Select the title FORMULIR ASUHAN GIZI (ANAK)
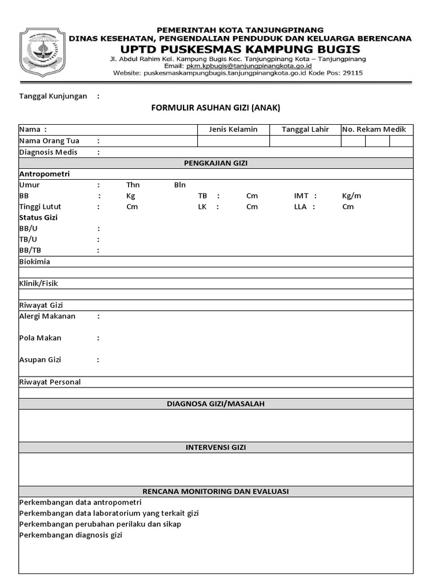(215, 108)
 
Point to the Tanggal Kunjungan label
(53, 96)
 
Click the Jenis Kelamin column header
(233, 129)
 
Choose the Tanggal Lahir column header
(305, 129)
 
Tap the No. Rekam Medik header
(374, 129)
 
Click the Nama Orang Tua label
(49, 141)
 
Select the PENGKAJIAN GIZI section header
(215, 163)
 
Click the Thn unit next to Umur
(133, 185)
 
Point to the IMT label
(301, 196)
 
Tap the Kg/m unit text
(352, 196)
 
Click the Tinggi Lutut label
(40, 207)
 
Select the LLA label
(301, 207)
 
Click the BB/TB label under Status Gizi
(30, 251)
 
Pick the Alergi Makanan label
(47, 316)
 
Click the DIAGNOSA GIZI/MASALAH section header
(215, 404)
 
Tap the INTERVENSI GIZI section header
(215, 448)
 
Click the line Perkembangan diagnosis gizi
(70, 535)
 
